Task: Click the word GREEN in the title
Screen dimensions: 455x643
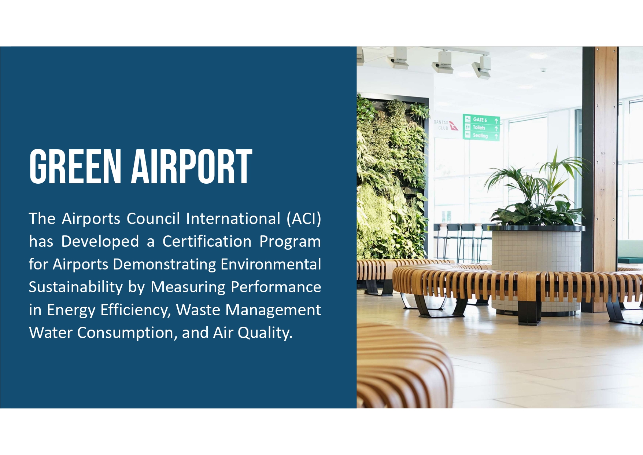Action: (x=75, y=166)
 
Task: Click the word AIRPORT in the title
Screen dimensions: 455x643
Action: (x=192, y=166)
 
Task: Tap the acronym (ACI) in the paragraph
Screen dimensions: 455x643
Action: (x=304, y=219)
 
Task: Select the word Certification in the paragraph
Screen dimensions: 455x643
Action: (x=207, y=242)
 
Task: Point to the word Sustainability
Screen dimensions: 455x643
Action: (x=75, y=287)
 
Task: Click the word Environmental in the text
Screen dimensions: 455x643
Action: (x=271, y=264)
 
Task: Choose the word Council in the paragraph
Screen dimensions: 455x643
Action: (x=154, y=219)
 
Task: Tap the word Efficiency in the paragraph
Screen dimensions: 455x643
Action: (x=136, y=310)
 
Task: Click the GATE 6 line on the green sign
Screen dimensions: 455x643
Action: (x=480, y=120)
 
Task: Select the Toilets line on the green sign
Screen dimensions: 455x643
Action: (x=479, y=128)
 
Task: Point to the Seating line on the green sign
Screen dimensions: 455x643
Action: (x=480, y=136)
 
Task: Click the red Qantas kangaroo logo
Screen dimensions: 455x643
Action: (x=454, y=126)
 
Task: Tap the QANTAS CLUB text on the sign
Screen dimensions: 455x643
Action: (x=441, y=125)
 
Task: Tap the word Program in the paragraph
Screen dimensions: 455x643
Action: (x=290, y=242)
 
